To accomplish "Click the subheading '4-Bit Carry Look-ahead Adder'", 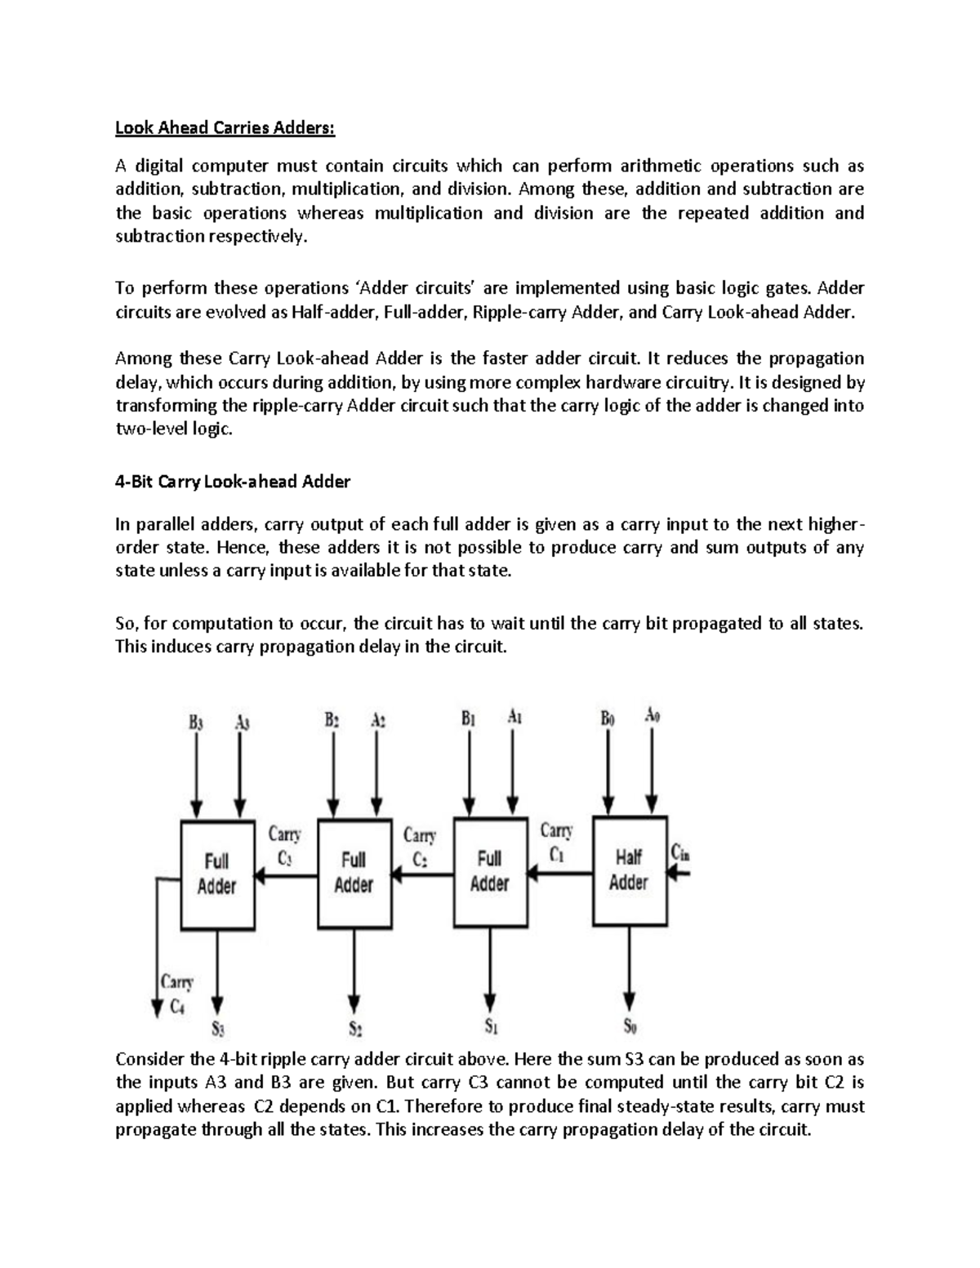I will (233, 482).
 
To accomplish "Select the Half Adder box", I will (629, 870).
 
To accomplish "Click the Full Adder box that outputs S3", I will (216, 874).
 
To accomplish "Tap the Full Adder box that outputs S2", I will (353, 873).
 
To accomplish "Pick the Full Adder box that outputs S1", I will (489, 871).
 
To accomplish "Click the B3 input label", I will (196, 722).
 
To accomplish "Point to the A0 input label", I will (652, 716).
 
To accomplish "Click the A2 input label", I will (376, 721).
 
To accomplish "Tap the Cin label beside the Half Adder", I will (680, 853).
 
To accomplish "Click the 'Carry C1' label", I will (556, 843).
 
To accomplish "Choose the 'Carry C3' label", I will (284, 846).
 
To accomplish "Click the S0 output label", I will (629, 1026).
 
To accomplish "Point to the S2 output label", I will (354, 1028).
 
